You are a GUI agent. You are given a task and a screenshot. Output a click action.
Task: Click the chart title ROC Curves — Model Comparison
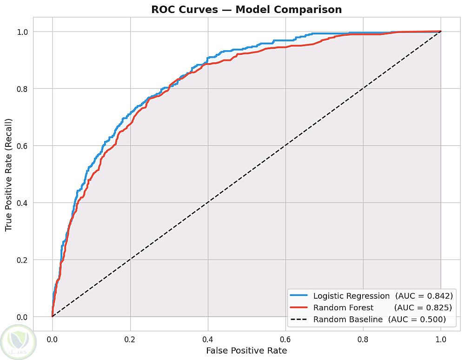(x=246, y=9)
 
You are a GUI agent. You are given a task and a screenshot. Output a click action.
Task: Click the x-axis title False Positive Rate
(x=246, y=351)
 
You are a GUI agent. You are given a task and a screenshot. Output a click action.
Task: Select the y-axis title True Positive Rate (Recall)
(x=8, y=175)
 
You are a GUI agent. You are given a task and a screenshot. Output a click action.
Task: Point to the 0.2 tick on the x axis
(x=130, y=339)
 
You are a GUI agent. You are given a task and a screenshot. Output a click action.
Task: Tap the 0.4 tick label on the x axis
(x=207, y=339)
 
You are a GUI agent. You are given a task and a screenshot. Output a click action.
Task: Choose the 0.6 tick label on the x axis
(x=286, y=339)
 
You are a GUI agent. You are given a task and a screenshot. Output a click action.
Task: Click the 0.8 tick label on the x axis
(x=363, y=339)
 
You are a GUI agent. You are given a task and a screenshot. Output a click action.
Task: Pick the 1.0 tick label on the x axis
(x=441, y=339)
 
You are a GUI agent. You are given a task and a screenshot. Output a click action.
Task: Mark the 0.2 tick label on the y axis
(x=22, y=260)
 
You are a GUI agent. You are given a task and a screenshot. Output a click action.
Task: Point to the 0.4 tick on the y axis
(x=22, y=203)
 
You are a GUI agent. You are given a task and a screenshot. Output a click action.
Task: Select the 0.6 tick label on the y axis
(x=22, y=146)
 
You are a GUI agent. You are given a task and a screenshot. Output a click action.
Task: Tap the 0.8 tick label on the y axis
(x=22, y=89)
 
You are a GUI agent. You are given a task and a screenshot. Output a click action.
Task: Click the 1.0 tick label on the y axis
(x=22, y=32)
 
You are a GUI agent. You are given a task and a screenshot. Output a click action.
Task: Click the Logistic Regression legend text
(x=352, y=296)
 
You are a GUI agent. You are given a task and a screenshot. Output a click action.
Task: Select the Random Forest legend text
(x=344, y=308)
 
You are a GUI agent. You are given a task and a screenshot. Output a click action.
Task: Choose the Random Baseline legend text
(x=348, y=320)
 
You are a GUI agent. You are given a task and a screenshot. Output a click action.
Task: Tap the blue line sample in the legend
(x=299, y=295)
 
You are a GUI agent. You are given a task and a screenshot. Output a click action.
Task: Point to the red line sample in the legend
(x=299, y=307)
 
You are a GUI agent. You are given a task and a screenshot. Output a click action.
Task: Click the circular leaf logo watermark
(x=19, y=342)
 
